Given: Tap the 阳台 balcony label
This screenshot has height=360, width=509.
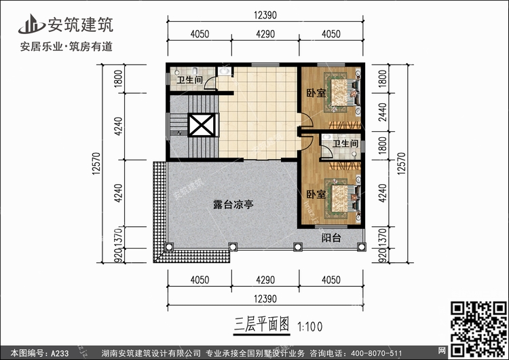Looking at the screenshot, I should coord(332,238).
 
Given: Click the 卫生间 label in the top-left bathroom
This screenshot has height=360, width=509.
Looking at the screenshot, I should coord(189,80).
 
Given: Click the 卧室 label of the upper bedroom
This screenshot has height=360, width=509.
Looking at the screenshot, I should coord(315,94).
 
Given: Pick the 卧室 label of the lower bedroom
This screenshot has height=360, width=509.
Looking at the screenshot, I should coord(315,194).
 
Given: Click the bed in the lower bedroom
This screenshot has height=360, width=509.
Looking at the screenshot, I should coord(344,194).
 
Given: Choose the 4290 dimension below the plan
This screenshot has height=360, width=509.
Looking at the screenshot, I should coord(265,279).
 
